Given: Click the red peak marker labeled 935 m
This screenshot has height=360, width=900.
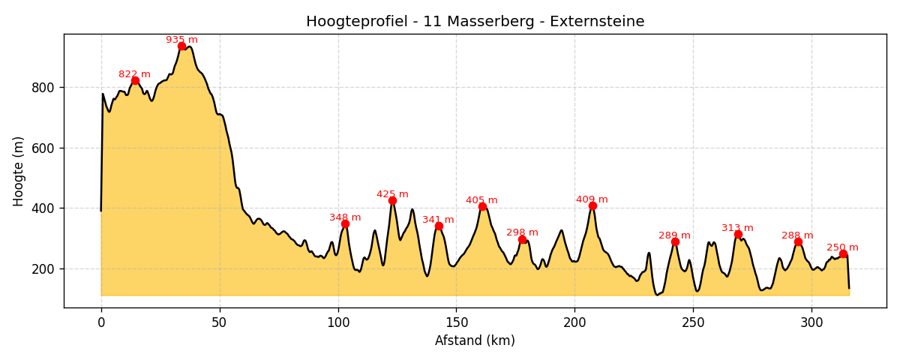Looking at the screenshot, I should point(181,46).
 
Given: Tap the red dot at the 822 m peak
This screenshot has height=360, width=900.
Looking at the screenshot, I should point(135,80).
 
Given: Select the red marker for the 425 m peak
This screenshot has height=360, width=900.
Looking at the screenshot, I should point(392,200).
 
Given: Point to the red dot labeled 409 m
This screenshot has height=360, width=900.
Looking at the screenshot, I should point(592,205).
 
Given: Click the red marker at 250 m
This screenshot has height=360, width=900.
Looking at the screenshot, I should point(843,253).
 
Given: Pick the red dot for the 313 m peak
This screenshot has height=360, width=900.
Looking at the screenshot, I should point(738,234).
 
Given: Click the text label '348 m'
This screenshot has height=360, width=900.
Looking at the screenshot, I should point(345,217).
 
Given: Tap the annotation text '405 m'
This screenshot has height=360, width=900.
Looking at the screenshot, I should point(481,200).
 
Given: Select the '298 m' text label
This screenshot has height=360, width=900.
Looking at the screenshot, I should point(522,232).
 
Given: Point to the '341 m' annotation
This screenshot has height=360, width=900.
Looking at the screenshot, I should point(438,220).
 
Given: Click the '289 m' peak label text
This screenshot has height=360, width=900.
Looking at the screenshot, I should point(674,235).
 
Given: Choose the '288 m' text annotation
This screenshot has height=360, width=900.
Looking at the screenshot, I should point(797,235).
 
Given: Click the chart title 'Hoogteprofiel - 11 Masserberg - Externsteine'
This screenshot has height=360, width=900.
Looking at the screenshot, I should point(475,22).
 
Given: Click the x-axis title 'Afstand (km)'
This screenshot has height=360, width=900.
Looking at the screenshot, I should point(475,340).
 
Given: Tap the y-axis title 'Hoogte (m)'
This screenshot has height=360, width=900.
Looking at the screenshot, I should point(19,171).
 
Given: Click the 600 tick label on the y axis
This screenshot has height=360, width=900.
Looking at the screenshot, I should point(43,148).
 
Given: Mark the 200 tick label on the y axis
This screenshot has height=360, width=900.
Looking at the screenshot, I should point(43,268).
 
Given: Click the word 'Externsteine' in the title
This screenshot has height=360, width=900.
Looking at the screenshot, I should point(597,22).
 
